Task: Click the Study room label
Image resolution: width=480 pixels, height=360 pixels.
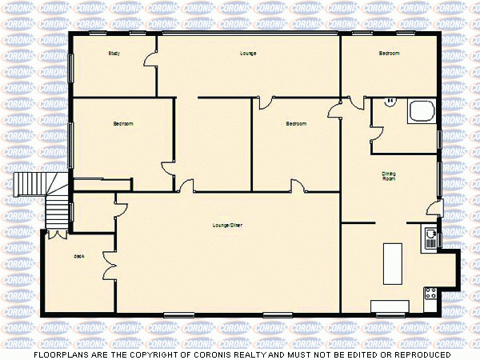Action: [114, 54]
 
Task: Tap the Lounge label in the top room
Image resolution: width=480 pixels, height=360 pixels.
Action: [248, 54]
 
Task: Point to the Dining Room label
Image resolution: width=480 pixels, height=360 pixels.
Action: [389, 175]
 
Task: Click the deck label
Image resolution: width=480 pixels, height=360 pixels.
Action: [78, 256]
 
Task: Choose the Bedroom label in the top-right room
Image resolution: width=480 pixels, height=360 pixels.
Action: [389, 54]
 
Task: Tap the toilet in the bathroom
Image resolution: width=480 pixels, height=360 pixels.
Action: [390, 102]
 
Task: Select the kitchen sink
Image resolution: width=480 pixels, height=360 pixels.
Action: [431, 238]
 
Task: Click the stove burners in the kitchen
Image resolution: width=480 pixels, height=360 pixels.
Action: [430, 293]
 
